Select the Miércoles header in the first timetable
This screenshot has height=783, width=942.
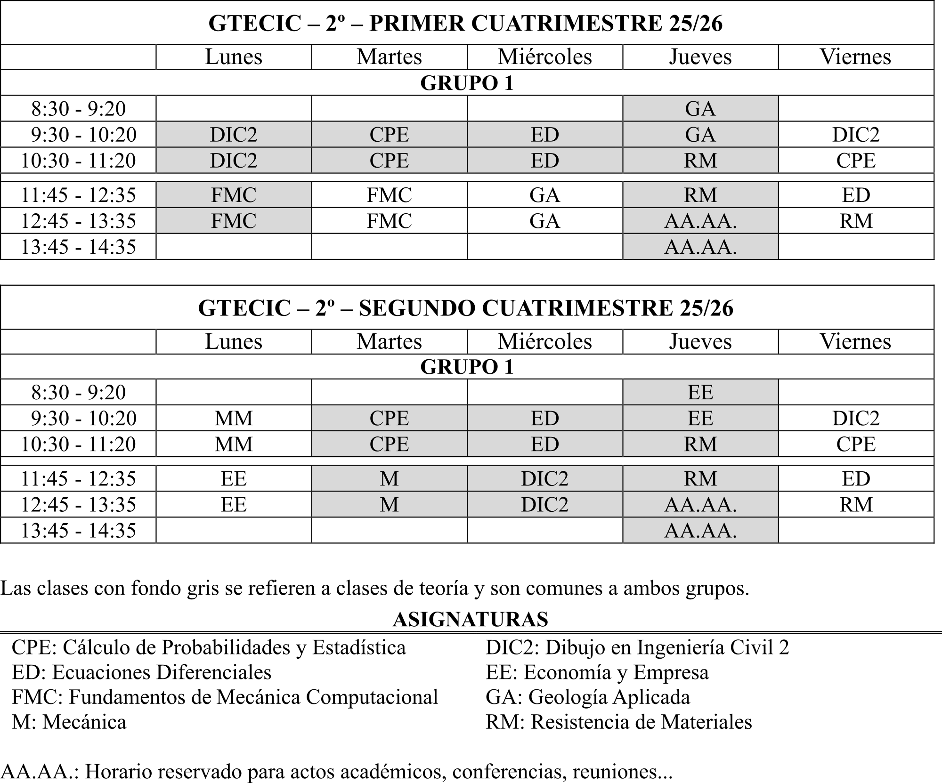coord(545,57)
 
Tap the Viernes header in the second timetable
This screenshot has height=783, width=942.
coord(855,341)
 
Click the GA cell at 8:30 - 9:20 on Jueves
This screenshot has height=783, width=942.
coord(700,109)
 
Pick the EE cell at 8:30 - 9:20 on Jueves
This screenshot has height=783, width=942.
coord(700,392)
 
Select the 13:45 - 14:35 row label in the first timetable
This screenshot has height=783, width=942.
coord(78,247)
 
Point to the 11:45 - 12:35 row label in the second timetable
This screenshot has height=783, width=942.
coord(78,479)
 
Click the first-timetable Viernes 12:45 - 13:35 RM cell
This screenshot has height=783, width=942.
coord(856,221)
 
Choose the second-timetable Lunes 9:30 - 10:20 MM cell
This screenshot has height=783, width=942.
coord(234,418)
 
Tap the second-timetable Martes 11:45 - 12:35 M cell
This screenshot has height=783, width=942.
coord(389,479)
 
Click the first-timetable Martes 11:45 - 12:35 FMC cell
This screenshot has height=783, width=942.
coord(389,195)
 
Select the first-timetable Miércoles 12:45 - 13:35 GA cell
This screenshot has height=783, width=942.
coord(545,221)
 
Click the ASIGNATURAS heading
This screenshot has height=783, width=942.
coord(470,620)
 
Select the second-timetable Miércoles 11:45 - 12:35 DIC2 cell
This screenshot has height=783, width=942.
coord(545,479)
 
